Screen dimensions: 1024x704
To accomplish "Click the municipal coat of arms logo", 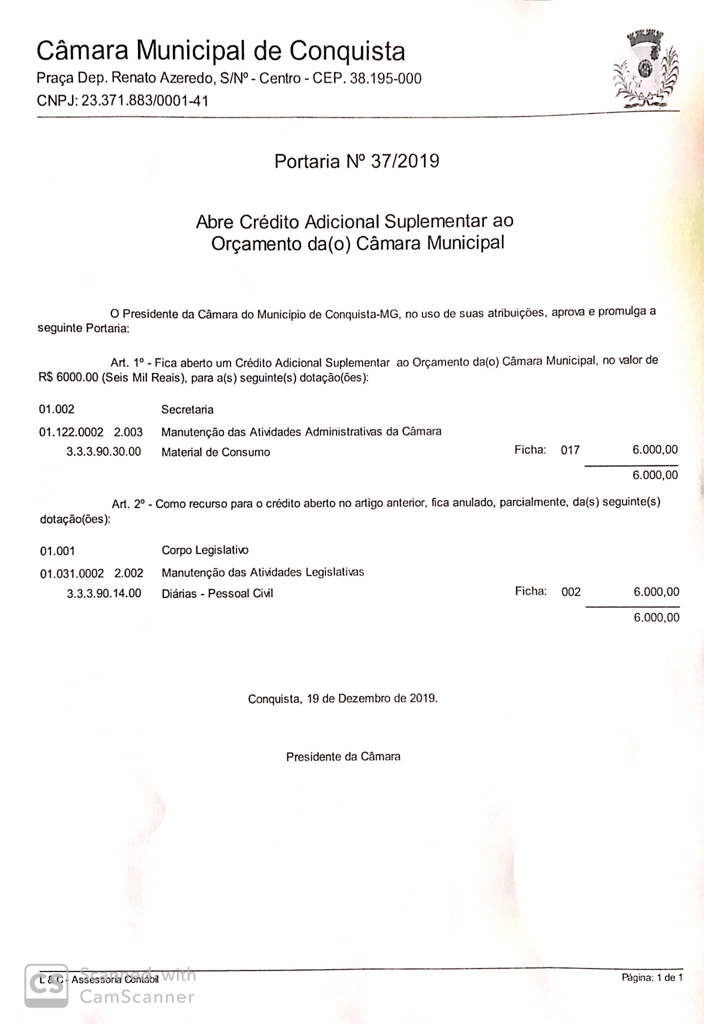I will (x=646, y=70).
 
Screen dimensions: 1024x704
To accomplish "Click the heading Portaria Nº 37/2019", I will (x=356, y=161).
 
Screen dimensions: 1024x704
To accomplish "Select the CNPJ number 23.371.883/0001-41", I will (x=144, y=101).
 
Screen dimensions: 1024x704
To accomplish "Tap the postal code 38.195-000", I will (x=385, y=78).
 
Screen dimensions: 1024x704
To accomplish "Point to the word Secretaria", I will (x=187, y=410).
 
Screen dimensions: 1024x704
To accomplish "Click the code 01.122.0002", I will (x=71, y=432).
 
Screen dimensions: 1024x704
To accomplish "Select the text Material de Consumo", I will (x=215, y=452).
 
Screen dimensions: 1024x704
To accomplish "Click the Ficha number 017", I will (x=570, y=450).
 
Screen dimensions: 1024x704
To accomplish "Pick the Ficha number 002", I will (x=571, y=592).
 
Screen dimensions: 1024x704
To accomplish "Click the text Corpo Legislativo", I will (x=205, y=550).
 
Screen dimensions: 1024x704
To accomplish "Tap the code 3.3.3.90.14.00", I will (x=104, y=594).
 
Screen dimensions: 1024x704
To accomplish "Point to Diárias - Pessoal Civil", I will (x=217, y=594).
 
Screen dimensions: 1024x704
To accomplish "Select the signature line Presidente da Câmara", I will (x=343, y=757).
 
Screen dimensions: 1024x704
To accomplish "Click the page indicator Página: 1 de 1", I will (x=652, y=977).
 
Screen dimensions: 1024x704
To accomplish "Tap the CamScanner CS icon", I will (x=46, y=985).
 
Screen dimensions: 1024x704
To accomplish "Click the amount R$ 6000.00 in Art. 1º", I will (x=68, y=378).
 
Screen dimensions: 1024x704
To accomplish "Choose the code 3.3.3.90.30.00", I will (x=104, y=452).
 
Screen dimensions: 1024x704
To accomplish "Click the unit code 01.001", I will (x=57, y=551).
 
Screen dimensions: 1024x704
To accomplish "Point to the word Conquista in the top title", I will (x=347, y=51).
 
